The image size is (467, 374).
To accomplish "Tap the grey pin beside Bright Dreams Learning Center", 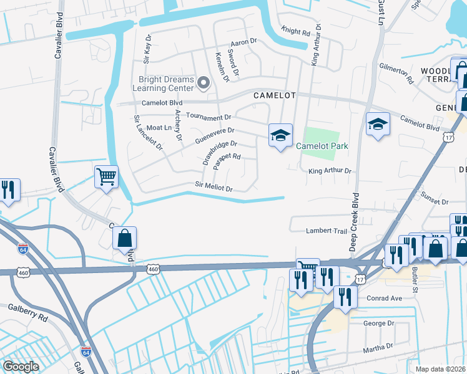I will pyautogui.click(x=203, y=82).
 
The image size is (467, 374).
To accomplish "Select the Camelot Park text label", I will pyautogui.click(x=322, y=146).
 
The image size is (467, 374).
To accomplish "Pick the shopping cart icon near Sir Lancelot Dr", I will pyautogui.click(x=106, y=177).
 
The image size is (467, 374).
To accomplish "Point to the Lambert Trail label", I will pyautogui.click(x=326, y=231).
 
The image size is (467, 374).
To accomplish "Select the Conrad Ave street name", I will pyautogui.click(x=384, y=298).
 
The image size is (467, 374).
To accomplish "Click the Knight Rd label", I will pyautogui.click(x=296, y=31).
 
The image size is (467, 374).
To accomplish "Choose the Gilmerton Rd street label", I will pyautogui.click(x=397, y=74).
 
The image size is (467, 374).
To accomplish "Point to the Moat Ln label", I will pyautogui.click(x=159, y=127).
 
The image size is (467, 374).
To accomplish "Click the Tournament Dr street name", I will pyautogui.click(x=209, y=117).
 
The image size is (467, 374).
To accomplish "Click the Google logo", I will pyautogui.click(x=21, y=367).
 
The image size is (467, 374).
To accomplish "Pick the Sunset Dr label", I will pyautogui.click(x=435, y=202).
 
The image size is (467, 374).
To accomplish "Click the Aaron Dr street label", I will pyautogui.click(x=243, y=42).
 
